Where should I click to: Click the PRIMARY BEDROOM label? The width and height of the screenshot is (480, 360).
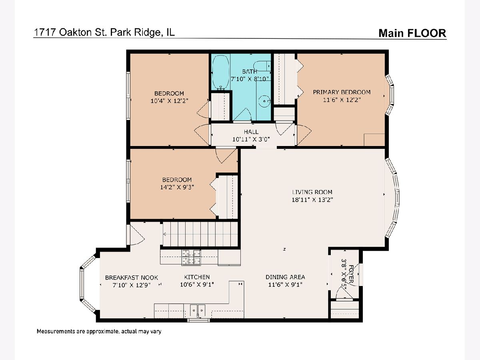[x=342, y=92]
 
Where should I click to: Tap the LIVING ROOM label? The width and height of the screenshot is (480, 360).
[x=312, y=192]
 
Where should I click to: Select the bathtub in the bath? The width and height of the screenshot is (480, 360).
[x=221, y=72]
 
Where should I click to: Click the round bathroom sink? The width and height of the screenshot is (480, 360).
[x=264, y=101]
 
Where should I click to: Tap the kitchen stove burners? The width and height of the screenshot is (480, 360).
[x=191, y=258]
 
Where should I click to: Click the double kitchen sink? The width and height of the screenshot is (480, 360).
[x=198, y=310]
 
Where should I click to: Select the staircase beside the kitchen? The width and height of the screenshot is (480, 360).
[x=200, y=234]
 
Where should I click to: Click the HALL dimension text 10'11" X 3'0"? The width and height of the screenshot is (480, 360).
[x=251, y=139]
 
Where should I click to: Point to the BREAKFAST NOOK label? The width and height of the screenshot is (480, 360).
[x=132, y=278]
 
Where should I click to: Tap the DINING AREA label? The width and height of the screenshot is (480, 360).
[x=285, y=277]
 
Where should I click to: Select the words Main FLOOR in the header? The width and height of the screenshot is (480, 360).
[x=412, y=33]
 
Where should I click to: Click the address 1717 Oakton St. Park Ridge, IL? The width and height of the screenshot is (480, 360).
[x=104, y=32]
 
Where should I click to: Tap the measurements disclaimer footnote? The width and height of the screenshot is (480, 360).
[x=99, y=331]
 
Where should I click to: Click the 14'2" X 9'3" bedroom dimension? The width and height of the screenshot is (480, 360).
[x=177, y=187]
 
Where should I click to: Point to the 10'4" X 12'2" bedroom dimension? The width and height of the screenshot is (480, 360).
[x=169, y=101]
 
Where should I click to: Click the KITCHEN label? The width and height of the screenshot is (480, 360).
[x=197, y=277]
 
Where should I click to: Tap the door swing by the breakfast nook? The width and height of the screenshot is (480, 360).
[x=136, y=234]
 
